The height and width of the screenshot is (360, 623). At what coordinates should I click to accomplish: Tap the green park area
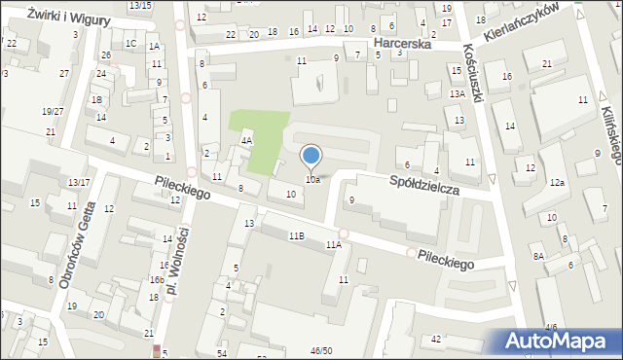(x=259, y=140)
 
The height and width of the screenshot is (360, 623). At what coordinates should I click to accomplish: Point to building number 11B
(x=296, y=235)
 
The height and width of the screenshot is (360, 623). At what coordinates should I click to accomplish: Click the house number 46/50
(x=320, y=350)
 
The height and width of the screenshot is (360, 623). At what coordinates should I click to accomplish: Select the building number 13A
(x=457, y=93)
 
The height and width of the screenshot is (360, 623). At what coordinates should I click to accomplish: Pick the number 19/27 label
(x=52, y=111)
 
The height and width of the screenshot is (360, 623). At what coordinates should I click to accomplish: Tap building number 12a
(x=557, y=183)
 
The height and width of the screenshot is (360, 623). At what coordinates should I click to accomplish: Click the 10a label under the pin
(x=312, y=180)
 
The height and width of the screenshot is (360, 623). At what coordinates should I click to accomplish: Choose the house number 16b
(x=156, y=279)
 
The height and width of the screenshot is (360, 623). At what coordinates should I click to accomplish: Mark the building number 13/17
(x=79, y=182)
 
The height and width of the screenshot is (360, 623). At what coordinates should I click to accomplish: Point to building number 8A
(x=538, y=256)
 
